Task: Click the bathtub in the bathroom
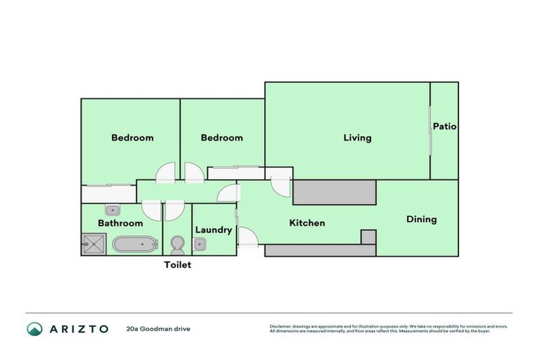click(135, 245)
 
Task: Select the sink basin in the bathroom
click(112, 210)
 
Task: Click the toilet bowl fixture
click(177, 245)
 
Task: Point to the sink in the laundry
click(200, 245)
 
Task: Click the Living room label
click(357, 138)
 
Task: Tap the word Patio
click(444, 127)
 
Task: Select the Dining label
click(421, 219)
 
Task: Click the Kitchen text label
click(307, 223)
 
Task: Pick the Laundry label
click(214, 230)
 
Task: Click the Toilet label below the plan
click(177, 265)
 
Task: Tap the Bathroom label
click(120, 224)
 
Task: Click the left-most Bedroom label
click(132, 138)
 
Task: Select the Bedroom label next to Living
click(221, 138)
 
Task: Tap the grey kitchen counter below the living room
click(334, 192)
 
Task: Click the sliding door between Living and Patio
click(430, 130)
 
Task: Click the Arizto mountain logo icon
click(34, 328)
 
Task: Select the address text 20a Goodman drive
click(158, 328)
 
